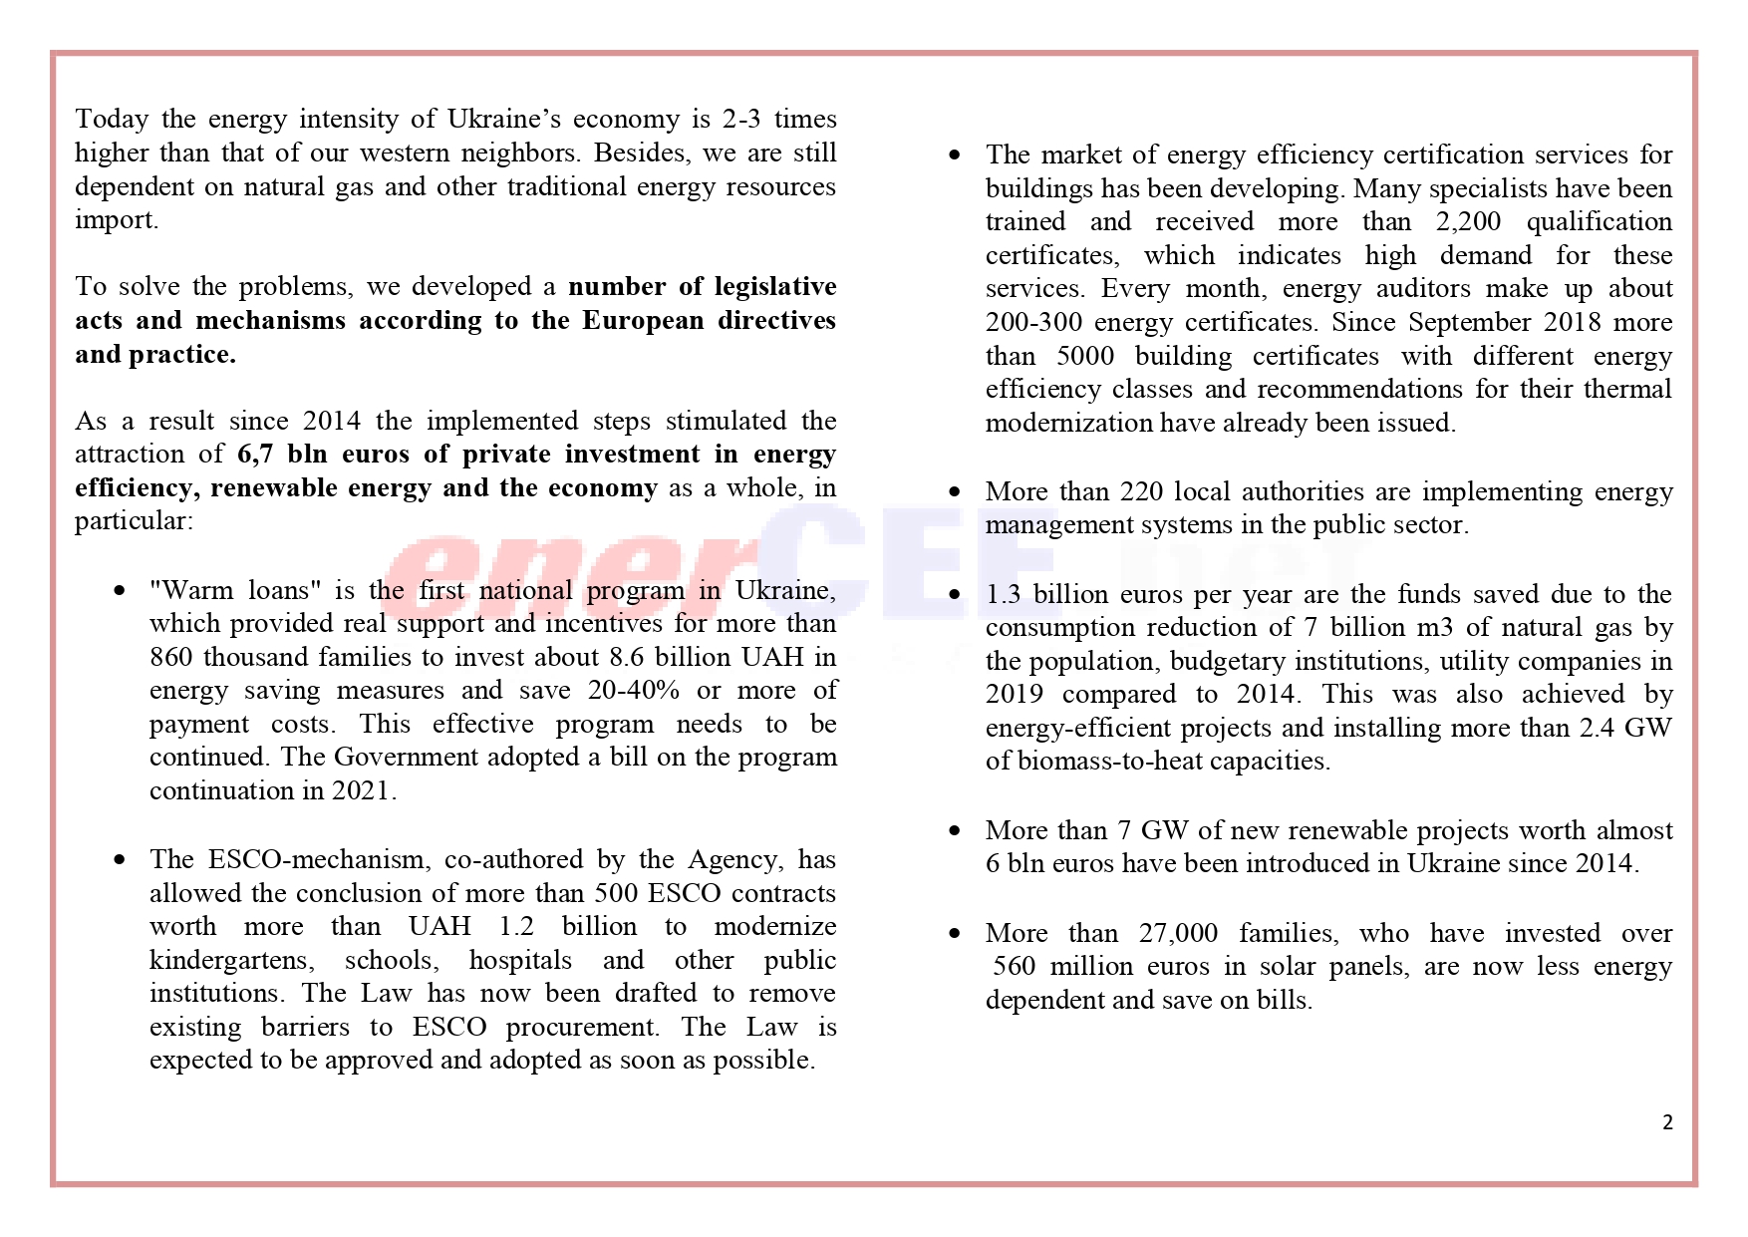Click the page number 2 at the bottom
(1667, 1122)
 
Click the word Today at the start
(112, 120)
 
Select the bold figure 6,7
(255, 455)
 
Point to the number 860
(171, 658)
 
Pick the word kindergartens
(231, 961)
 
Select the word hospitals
(520, 961)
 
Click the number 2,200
(1468, 222)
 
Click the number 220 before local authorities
(1142, 492)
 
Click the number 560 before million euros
(1015, 967)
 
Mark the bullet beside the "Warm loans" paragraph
(120, 591)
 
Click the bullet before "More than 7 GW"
(956, 830)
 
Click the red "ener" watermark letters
(578, 578)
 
